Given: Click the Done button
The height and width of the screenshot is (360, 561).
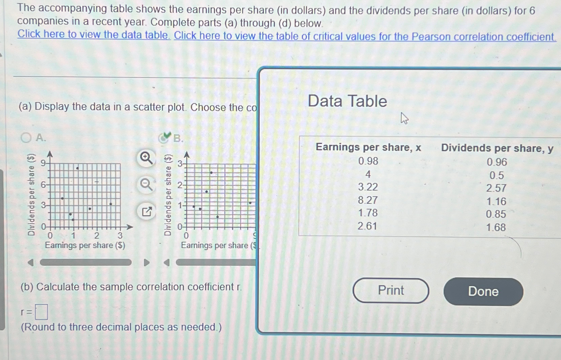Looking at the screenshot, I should tap(483, 292).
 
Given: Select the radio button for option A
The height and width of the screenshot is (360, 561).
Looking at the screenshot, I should tap(26, 138).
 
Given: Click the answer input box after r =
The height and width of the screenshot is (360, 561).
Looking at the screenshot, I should tap(42, 312).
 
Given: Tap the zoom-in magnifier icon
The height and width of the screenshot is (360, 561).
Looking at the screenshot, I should tap(146, 158).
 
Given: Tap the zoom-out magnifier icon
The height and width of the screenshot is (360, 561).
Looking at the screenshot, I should tap(146, 185).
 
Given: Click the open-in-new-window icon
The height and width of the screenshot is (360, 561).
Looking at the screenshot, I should tap(146, 212).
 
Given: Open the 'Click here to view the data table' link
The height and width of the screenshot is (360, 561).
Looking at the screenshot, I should tap(93, 35).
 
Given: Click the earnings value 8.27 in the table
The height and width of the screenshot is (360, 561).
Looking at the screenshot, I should tap(368, 200).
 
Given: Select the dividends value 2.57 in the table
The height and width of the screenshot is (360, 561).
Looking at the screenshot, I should tap(496, 188).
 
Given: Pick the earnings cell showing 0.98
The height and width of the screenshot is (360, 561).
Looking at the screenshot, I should tap(368, 161).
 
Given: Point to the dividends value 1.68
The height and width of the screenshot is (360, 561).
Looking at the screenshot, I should tap(496, 227).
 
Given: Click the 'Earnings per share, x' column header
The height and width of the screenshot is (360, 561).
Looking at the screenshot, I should tap(368, 147).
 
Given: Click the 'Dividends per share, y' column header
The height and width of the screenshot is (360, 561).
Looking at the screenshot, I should tap(497, 148).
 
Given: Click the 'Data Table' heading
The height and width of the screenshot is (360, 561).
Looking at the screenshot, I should tap(347, 101).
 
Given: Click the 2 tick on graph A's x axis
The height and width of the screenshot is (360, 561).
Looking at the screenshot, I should tap(97, 235).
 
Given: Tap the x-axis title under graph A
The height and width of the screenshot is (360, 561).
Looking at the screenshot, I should tap(85, 245).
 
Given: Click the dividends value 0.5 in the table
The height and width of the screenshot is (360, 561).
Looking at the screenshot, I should tap(496, 175).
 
